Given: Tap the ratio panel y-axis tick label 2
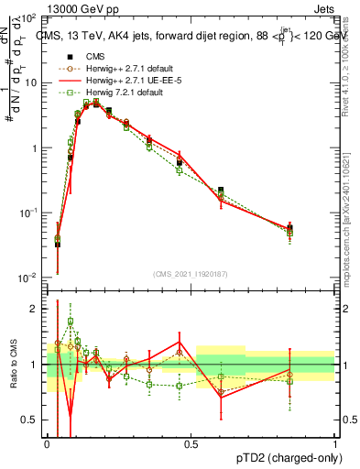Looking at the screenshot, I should coord(36,309).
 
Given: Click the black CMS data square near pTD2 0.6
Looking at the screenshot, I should coord(221,191).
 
